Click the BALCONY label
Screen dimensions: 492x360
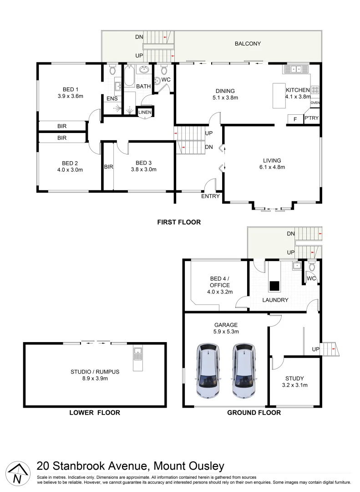[x=248, y=44]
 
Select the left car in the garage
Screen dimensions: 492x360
[x=208, y=371]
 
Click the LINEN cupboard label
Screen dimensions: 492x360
[x=146, y=112]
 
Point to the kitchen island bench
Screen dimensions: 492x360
[x=279, y=96]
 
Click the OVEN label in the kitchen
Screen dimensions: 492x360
[x=315, y=103]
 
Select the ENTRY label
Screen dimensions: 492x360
[x=211, y=196]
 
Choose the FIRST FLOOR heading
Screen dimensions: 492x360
[x=179, y=222]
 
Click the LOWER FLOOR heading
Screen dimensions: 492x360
[x=95, y=413]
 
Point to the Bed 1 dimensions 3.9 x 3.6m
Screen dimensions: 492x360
[x=71, y=96]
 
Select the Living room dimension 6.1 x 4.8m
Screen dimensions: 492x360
[x=272, y=167]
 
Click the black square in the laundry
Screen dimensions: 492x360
[x=274, y=286]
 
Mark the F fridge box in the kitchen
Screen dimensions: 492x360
[x=294, y=119]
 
